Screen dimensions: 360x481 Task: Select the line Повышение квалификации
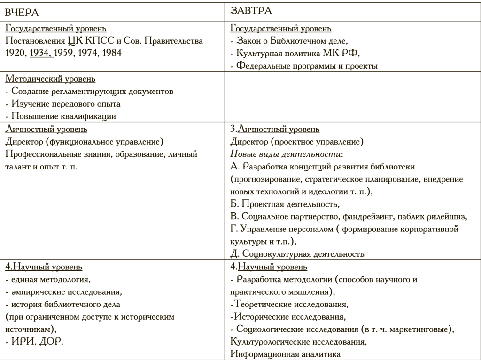click(62, 116)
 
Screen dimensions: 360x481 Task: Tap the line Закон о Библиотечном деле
click(291, 41)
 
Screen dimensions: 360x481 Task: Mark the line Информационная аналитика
click(286, 354)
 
